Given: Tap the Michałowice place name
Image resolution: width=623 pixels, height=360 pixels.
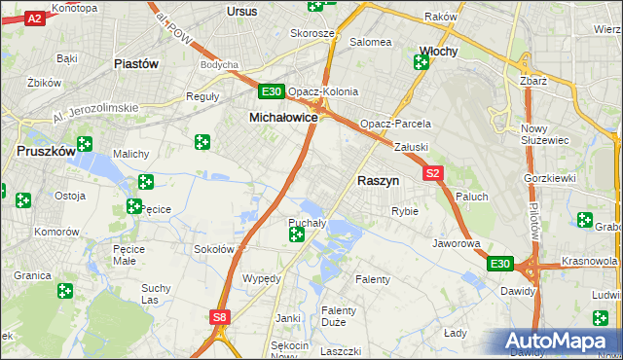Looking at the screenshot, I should [284, 117].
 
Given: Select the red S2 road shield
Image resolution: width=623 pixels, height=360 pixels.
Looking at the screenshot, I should [434, 173].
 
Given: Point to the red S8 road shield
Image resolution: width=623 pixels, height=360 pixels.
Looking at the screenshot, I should [221, 316].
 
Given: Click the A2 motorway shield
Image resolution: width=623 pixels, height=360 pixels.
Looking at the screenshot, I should [34, 18].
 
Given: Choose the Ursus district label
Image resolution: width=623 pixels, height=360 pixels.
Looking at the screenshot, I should [241, 11].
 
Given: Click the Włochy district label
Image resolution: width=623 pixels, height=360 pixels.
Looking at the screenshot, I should [438, 51].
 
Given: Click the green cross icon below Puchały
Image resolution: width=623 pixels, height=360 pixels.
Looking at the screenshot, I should [296, 234].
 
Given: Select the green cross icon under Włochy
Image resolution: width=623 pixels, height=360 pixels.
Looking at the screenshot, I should [421, 63].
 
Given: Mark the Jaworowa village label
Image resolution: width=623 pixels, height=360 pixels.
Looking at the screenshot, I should [458, 243].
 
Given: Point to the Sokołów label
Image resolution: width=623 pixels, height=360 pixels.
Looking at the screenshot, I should [214, 249].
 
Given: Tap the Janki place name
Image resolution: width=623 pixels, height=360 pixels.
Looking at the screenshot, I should [287, 318].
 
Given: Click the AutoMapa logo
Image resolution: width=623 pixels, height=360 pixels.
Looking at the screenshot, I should [561, 342].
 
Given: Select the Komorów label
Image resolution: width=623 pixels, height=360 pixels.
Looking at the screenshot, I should [55, 233].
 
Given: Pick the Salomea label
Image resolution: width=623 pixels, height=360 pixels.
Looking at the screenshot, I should [371, 42].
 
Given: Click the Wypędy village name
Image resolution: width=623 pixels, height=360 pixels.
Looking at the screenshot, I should [262, 278].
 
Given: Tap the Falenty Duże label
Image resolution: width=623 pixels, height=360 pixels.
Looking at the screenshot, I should [340, 316].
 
